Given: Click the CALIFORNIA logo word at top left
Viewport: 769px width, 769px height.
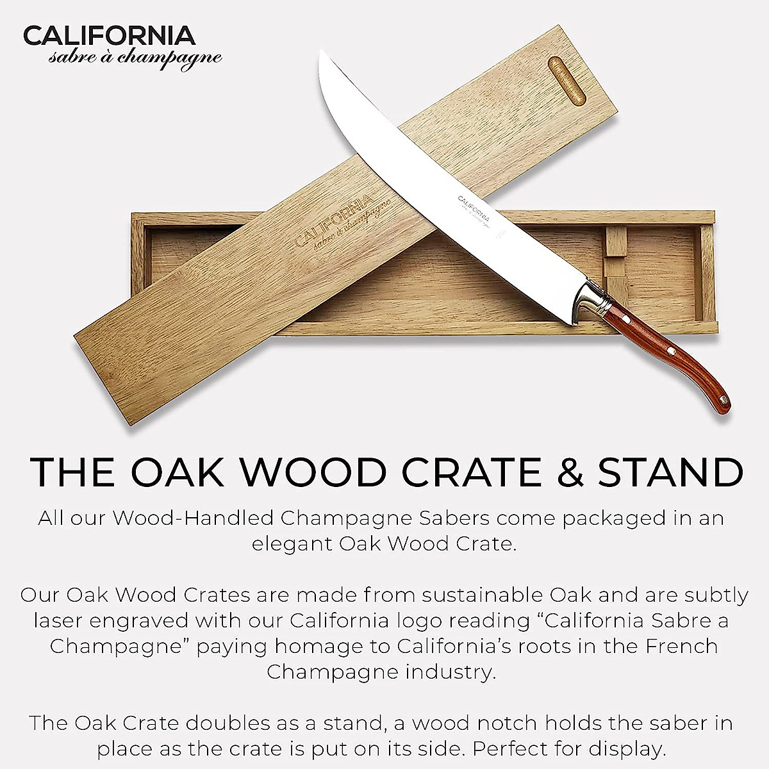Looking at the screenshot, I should (x=109, y=35).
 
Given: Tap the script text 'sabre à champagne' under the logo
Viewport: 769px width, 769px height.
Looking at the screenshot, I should (x=136, y=58).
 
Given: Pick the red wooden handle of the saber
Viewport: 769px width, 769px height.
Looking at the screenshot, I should (x=660, y=346).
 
